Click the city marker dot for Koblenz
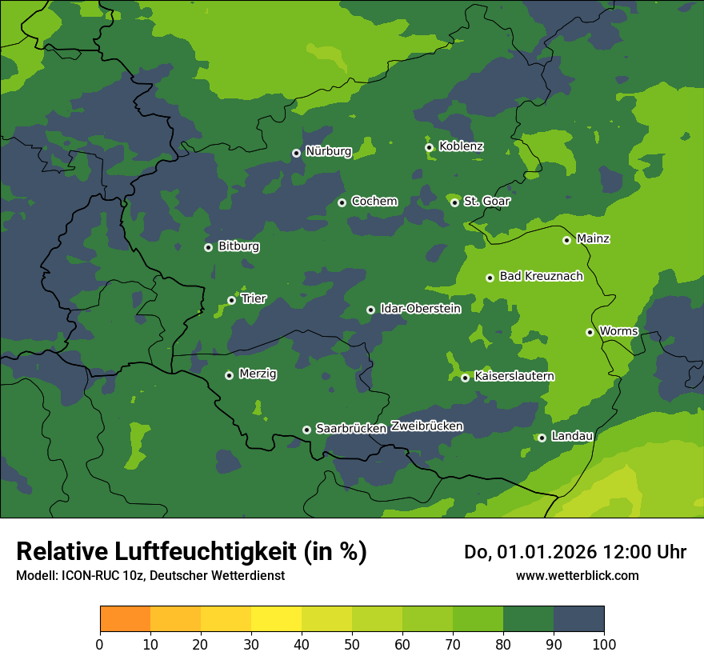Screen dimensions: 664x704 (x=429, y=147)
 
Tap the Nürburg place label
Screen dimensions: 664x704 (x=328, y=151)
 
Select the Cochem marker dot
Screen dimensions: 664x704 (x=342, y=202)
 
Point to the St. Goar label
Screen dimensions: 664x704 (x=486, y=202)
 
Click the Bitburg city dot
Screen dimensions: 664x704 (x=208, y=247)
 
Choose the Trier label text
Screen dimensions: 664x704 (x=254, y=299)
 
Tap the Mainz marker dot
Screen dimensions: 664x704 (x=566, y=240)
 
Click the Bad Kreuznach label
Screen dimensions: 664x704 (x=541, y=277)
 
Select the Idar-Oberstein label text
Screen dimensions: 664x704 (x=420, y=309)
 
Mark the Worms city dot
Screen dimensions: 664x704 (x=590, y=332)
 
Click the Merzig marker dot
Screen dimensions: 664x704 (x=229, y=375)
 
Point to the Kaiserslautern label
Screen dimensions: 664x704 (x=514, y=376)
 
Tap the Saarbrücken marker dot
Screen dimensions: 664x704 (x=306, y=430)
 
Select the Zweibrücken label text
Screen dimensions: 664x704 (x=426, y=426)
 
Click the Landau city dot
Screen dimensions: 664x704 (x=542, y=438)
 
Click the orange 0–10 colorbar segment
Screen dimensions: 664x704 (x=125, y=619)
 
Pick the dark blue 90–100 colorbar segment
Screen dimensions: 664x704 (x=578, y=619)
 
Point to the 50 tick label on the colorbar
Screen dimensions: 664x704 (x=352, y=644)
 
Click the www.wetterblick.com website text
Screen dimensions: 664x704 (x=577, y=576)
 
